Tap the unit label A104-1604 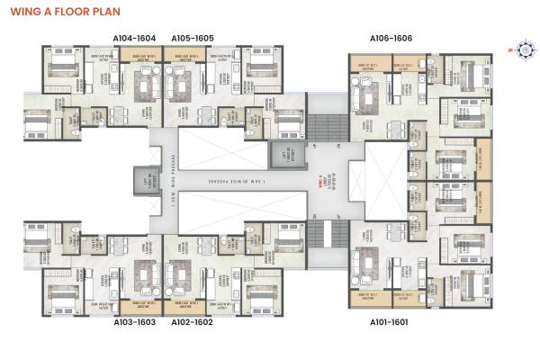135,39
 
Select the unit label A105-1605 192,39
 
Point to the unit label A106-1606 391,39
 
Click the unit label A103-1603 135,321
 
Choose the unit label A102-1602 192,321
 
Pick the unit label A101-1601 391,321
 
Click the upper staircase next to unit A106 327,128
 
